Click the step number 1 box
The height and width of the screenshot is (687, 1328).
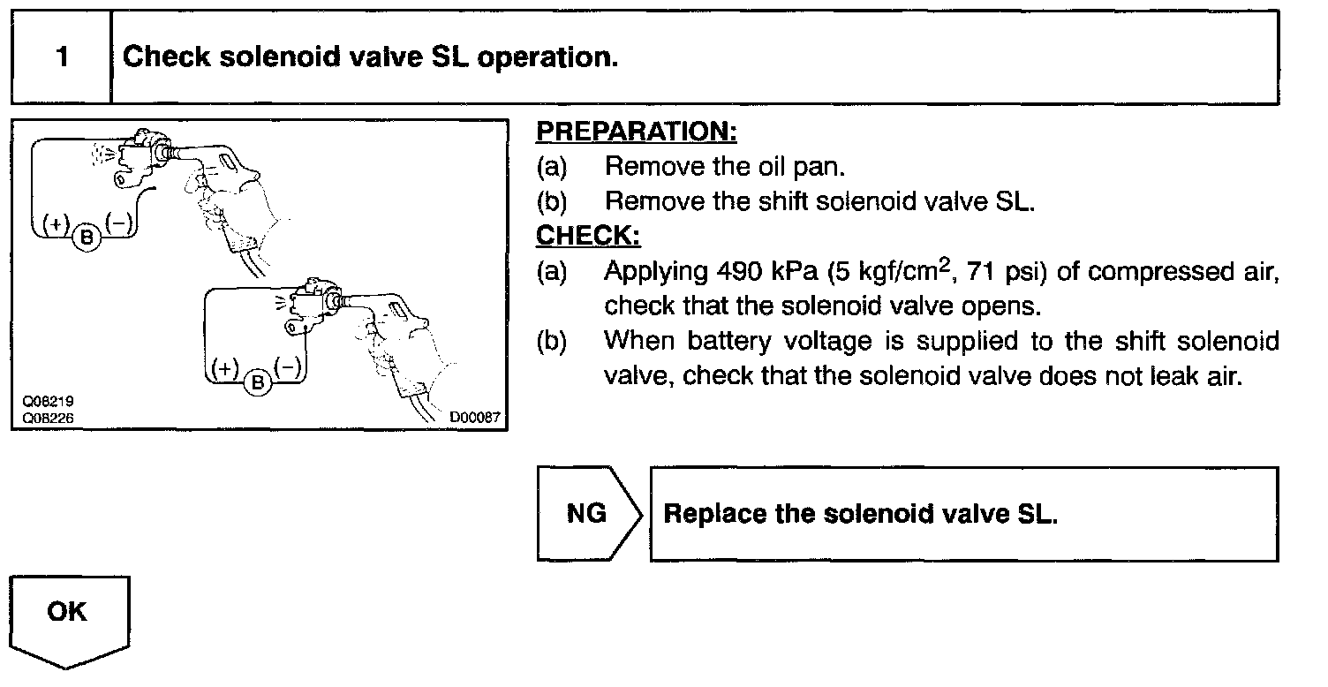click(61, 58)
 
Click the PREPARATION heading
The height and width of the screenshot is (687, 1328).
click(637, 132)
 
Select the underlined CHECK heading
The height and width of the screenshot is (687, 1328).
click(588, 237)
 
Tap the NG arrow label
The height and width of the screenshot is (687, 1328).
click(586, 514)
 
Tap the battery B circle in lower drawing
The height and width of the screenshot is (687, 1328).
click(259, 382)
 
